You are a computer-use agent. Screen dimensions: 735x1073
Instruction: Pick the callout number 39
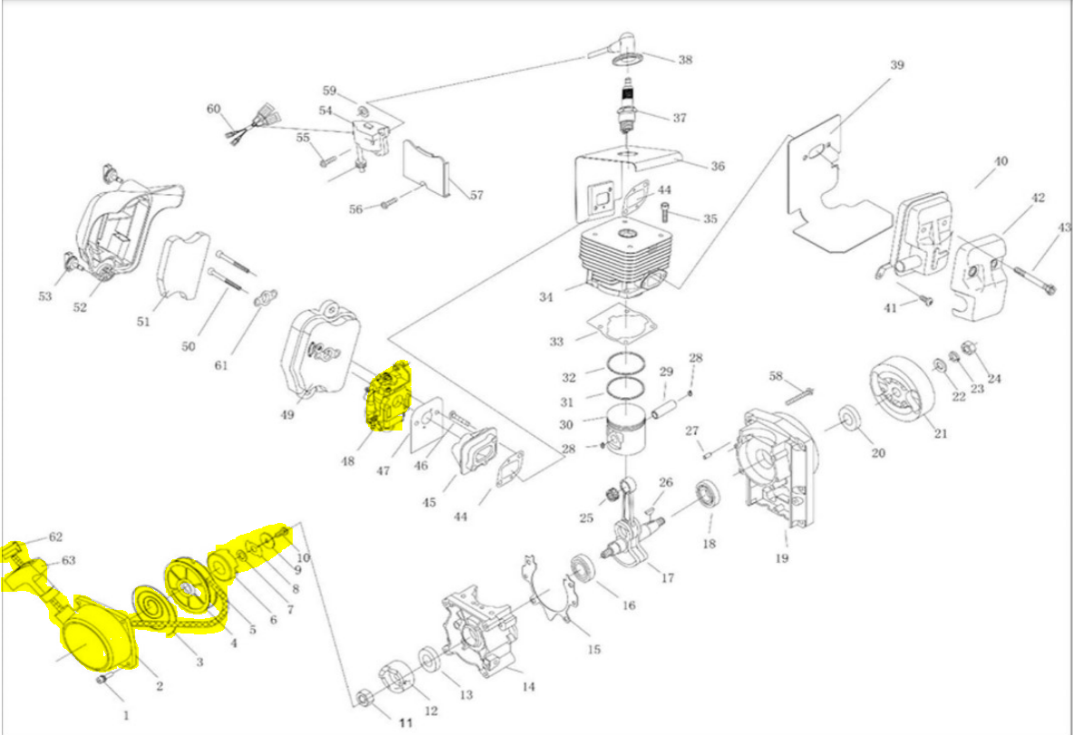coord(896,65)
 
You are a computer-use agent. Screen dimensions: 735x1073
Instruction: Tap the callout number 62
coord(55,537)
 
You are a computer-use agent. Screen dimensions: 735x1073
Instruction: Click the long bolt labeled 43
coord(1033,276)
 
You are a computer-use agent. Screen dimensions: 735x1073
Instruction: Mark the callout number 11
coord(405,722)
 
